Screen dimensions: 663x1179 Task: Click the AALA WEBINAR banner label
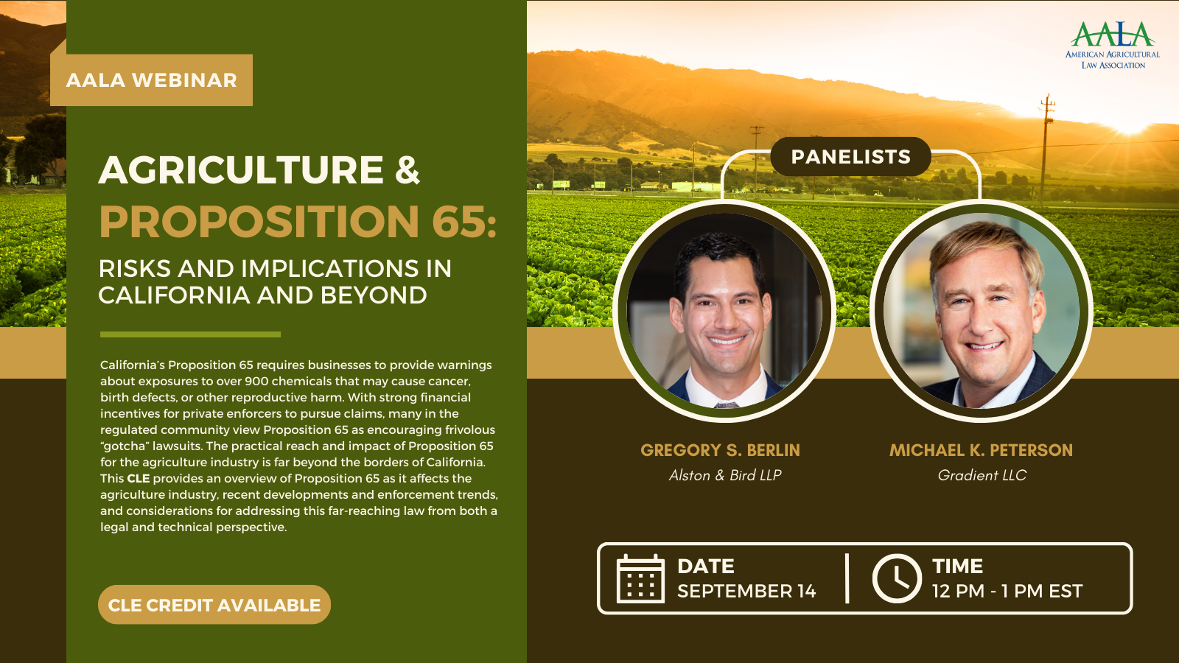tap(151, 80)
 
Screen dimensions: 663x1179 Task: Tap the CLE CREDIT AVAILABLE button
tap(214, 605)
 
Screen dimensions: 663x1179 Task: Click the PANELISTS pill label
tap(850, 157)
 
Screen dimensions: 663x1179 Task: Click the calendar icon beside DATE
tap(640, 579)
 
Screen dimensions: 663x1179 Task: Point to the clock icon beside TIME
tap(897, 579)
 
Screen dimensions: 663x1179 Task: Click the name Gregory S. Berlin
tap(720, 450)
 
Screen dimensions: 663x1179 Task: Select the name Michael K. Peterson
tap(981, 450)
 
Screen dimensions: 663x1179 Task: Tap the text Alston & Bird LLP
tap(725, 475)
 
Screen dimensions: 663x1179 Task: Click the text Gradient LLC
tap(982, 475)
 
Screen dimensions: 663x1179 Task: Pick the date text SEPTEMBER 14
tap(746, 591)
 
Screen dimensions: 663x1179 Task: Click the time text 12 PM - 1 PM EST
tap(1007, 591)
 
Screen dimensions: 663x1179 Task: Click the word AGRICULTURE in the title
tap(242, 170)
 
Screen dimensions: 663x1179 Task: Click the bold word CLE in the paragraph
tap(139, 479)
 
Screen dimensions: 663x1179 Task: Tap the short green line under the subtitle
tap(190, 334)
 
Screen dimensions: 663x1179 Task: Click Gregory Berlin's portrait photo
tap(724, 311)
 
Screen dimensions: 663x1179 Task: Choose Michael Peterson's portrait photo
tap(981, 311)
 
